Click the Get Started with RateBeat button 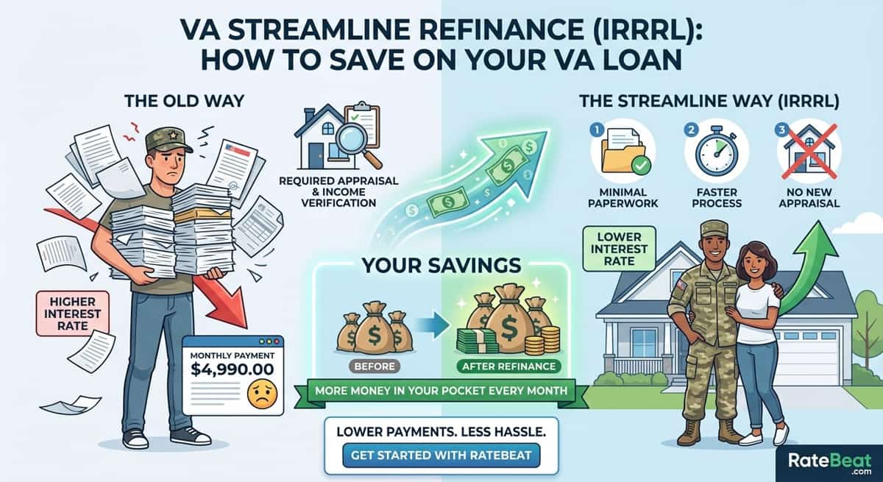(x=441, y=456)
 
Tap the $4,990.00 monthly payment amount (x=233, y=369)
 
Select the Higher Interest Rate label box (x=73, y=313)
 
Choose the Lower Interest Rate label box (x=619, y=249)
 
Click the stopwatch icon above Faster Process (x=716, y=151)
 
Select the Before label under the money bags (x=375, y=366)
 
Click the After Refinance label (x=509, y=366)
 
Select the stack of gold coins (x=543, y=340)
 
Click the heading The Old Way (x=185, y=101)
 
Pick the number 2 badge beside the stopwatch (x=691, y=130)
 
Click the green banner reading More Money (x=441, y=391)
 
